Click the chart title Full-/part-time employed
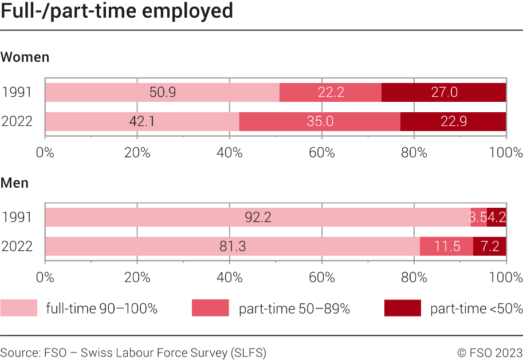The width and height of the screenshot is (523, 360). pos(117,11)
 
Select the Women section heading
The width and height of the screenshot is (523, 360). pos(25,57)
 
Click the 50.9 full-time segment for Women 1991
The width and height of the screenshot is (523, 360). pos(162,93)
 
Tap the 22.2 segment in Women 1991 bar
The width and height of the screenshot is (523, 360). pos(331,93)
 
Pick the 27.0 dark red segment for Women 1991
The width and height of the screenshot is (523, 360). pos(444,93)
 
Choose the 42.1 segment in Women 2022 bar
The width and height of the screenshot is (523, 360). pos(142,121)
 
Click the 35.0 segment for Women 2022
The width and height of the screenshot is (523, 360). pos(320,121)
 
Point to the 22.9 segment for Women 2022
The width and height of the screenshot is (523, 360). pos(453,121)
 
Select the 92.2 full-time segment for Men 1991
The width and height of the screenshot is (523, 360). pos(258,217)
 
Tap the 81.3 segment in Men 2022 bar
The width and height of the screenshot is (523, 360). pos(233,246)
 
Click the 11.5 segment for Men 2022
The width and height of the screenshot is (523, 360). pos(446,246)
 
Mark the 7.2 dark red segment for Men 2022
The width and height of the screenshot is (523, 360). pos(490,246)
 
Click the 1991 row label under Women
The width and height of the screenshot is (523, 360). pos(17,93)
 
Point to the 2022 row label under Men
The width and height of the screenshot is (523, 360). pos(17,246)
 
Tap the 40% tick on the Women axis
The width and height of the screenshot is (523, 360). pos(230,153)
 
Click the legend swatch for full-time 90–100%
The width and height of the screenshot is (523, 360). pos(18,308)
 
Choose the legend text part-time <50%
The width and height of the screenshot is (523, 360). pos(476,308)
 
